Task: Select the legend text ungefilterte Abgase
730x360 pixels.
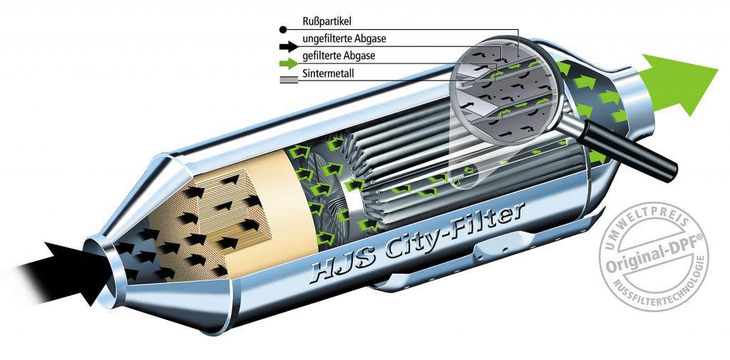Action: (x=344, y=38)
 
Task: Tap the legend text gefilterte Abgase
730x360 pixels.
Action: (x=339, y=56)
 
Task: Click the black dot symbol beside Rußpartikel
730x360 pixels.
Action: (x=282, y=30)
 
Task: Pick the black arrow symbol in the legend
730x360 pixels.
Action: (x=289, y=46)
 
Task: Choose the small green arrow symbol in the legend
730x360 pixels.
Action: (x=289, y=63)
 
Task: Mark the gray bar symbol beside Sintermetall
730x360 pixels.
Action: (x=289, y=80)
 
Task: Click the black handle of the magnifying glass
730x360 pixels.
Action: (x=629, y=150)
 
